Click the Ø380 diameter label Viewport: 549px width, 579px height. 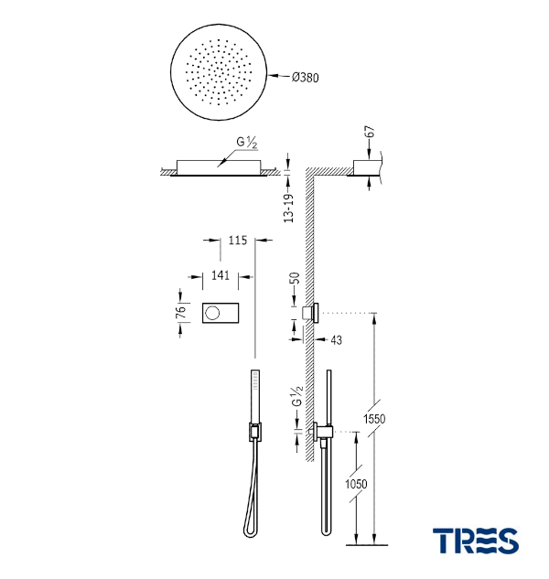(x=305, y=77)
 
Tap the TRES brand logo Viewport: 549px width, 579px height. (x=476, y=541)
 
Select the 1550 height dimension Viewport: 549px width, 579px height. (x=374, y=419)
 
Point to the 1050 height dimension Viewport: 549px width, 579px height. (x=356, y=484)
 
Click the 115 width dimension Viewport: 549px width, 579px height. (x=237, y=240)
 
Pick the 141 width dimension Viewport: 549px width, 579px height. (x=221, y=275)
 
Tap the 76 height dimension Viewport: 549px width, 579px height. (x=180, y=313)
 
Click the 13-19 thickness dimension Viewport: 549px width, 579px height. (x=288, y=209)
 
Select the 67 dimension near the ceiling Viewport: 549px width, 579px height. (x=370, y=132)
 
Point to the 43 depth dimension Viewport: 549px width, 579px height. (x=336, y=339)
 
